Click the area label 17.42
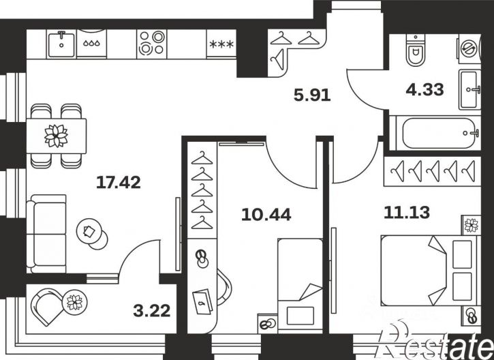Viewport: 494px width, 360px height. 118,183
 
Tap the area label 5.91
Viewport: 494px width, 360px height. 312,95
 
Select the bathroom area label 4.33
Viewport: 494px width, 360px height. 424,89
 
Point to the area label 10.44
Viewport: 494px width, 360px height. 266,215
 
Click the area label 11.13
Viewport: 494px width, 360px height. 407,213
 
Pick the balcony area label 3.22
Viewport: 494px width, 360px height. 152,311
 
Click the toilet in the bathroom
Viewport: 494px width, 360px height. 416,50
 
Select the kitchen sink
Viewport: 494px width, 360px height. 61,44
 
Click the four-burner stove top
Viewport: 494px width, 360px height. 152,44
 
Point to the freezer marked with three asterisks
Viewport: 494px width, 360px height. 221,44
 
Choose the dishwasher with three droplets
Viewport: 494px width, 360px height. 92,44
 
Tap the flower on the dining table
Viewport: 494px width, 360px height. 56,136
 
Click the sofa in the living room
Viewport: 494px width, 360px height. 46,234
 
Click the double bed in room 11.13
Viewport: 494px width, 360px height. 431,271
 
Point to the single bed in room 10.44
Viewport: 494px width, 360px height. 300,286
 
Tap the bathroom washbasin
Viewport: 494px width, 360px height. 469,89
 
